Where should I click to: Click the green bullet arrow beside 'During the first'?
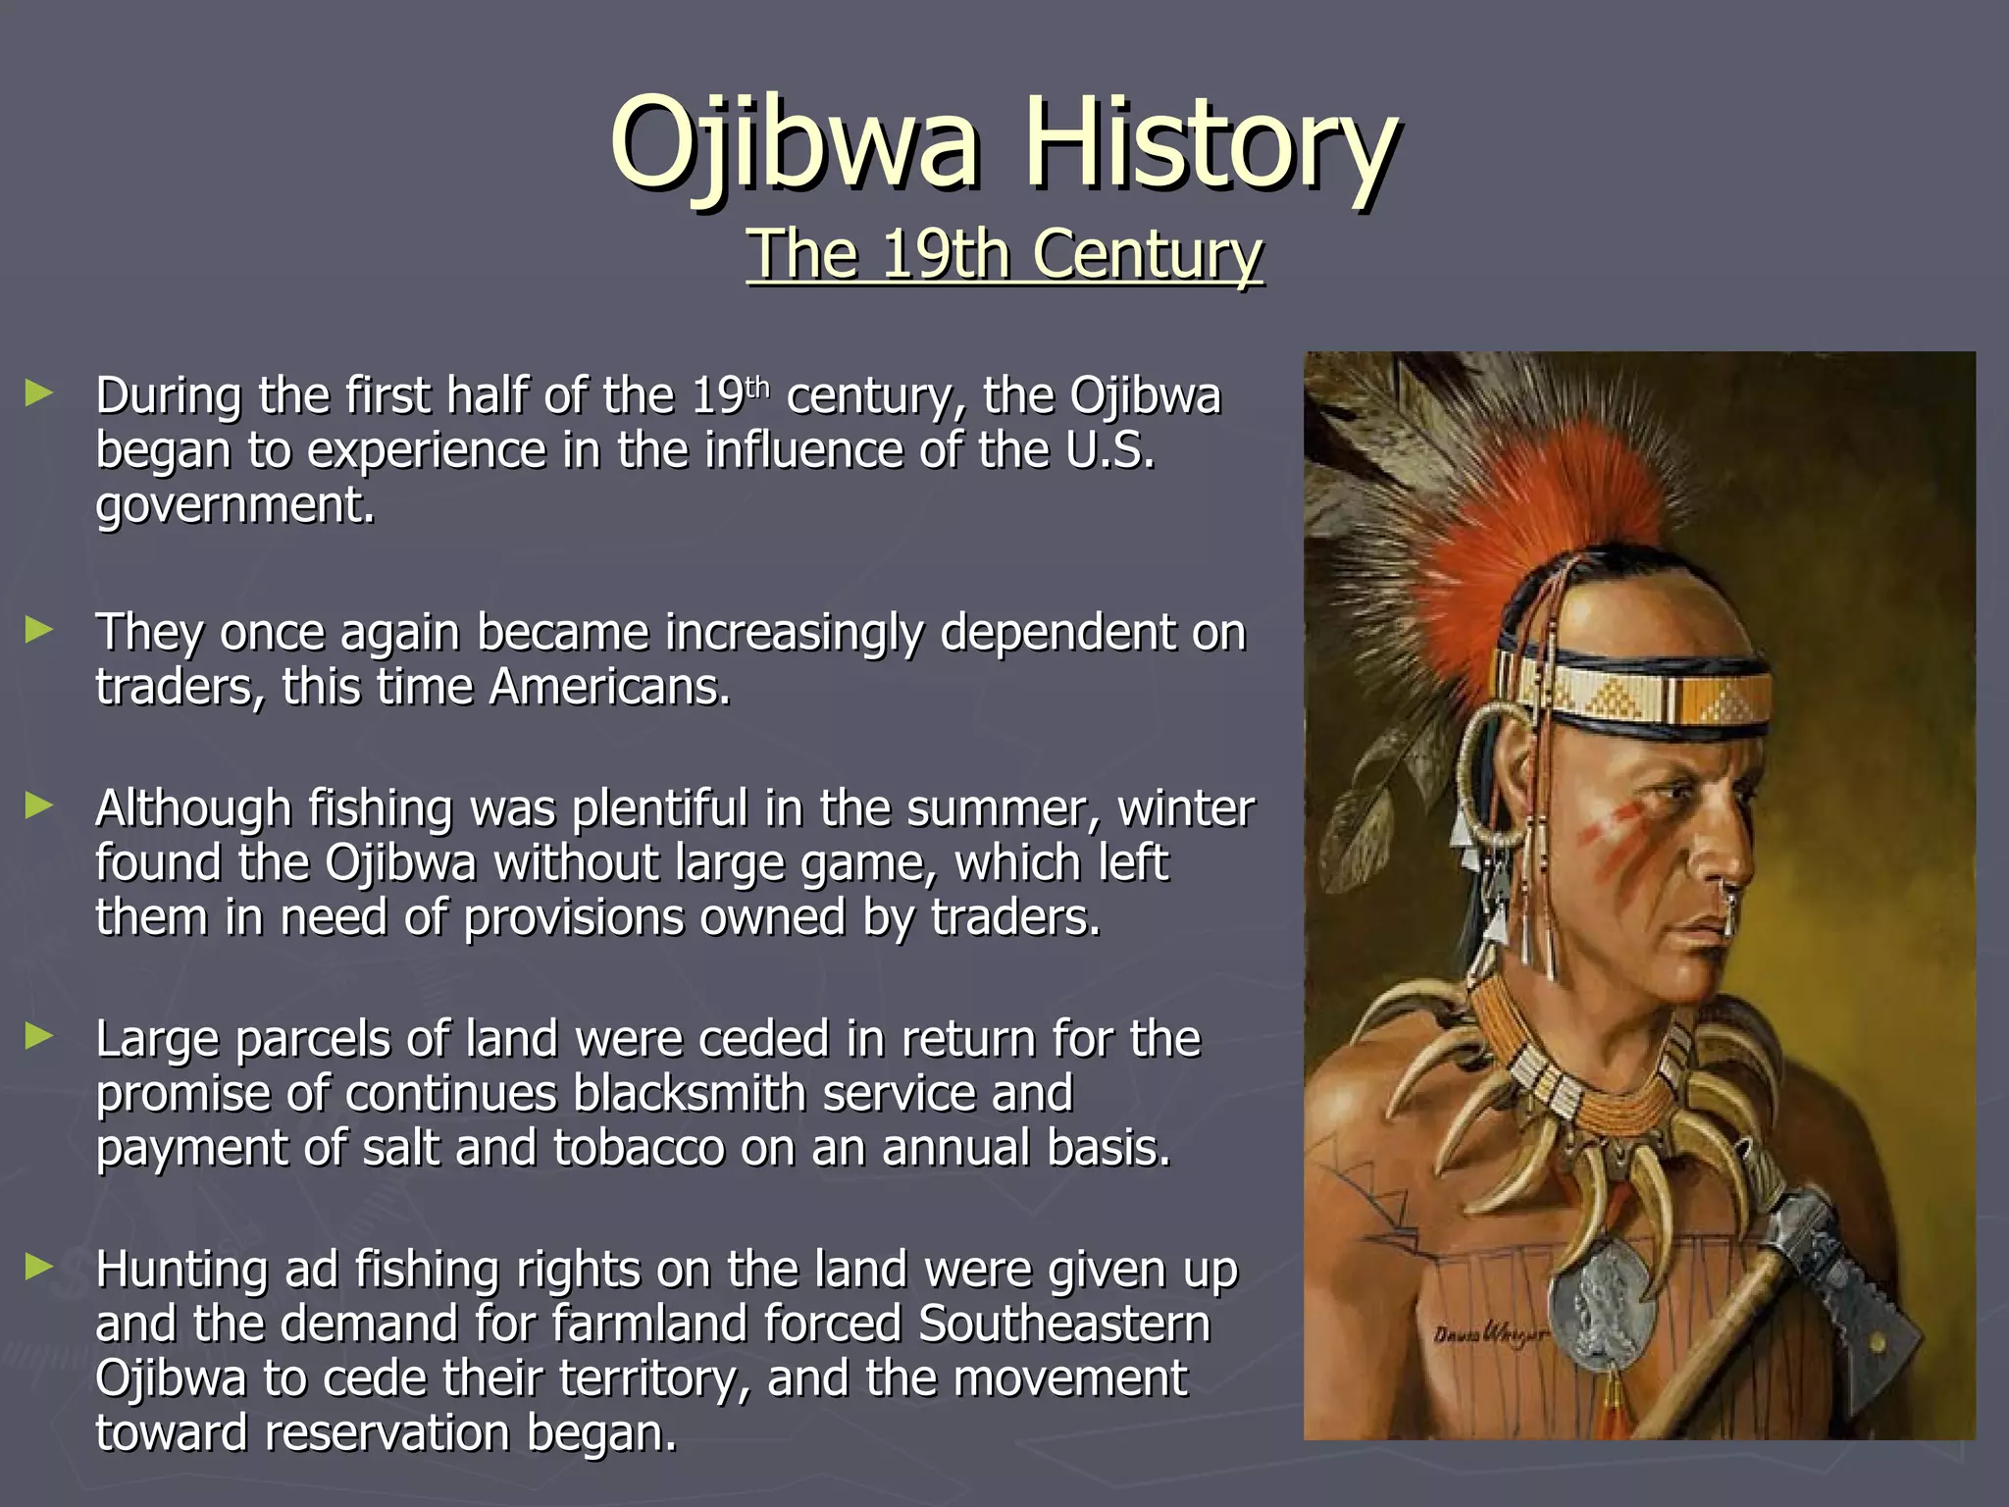39,394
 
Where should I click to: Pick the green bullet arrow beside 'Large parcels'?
39,1036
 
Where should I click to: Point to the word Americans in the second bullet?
609,687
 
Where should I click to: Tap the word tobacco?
639,1148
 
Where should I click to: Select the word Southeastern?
1064,1324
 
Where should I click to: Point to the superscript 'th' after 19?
757,386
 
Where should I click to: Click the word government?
235,506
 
